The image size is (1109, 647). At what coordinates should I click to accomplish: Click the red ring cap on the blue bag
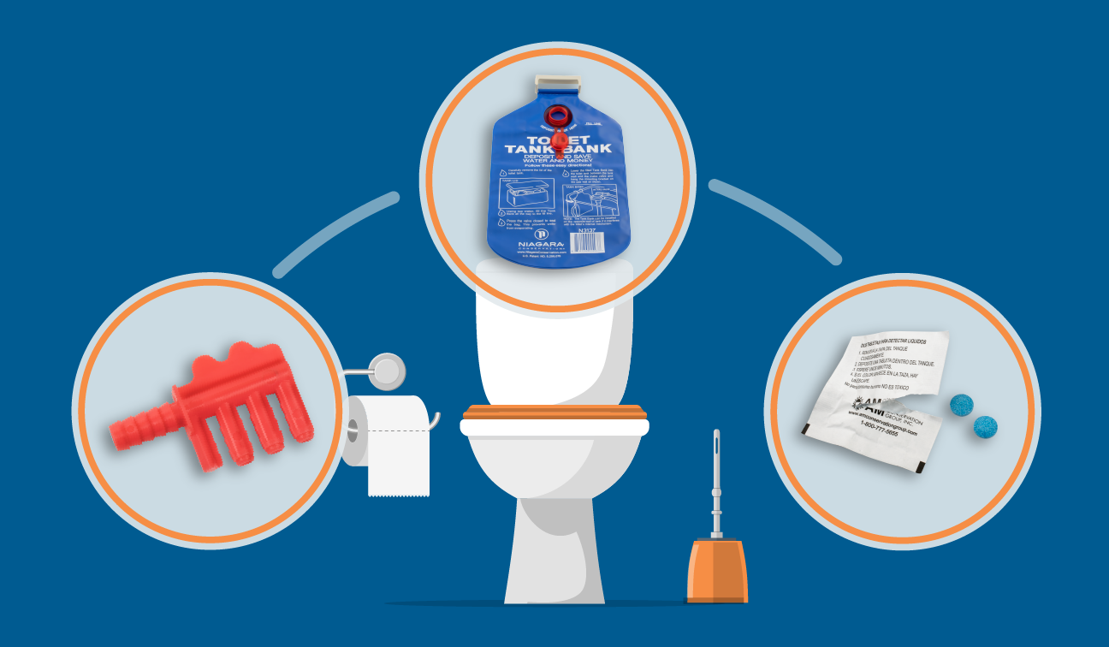[x=559, y=115]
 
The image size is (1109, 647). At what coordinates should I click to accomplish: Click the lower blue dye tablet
[x=987, y=424]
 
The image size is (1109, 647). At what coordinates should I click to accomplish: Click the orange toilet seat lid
[x=554, y=411]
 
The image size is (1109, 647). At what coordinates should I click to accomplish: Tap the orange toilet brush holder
[x=717, y=570]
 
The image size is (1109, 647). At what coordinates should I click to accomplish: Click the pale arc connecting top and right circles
[x=774, y=217]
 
